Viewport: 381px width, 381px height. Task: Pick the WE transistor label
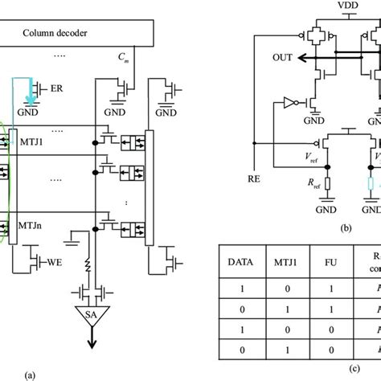(x=54, y=261)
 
